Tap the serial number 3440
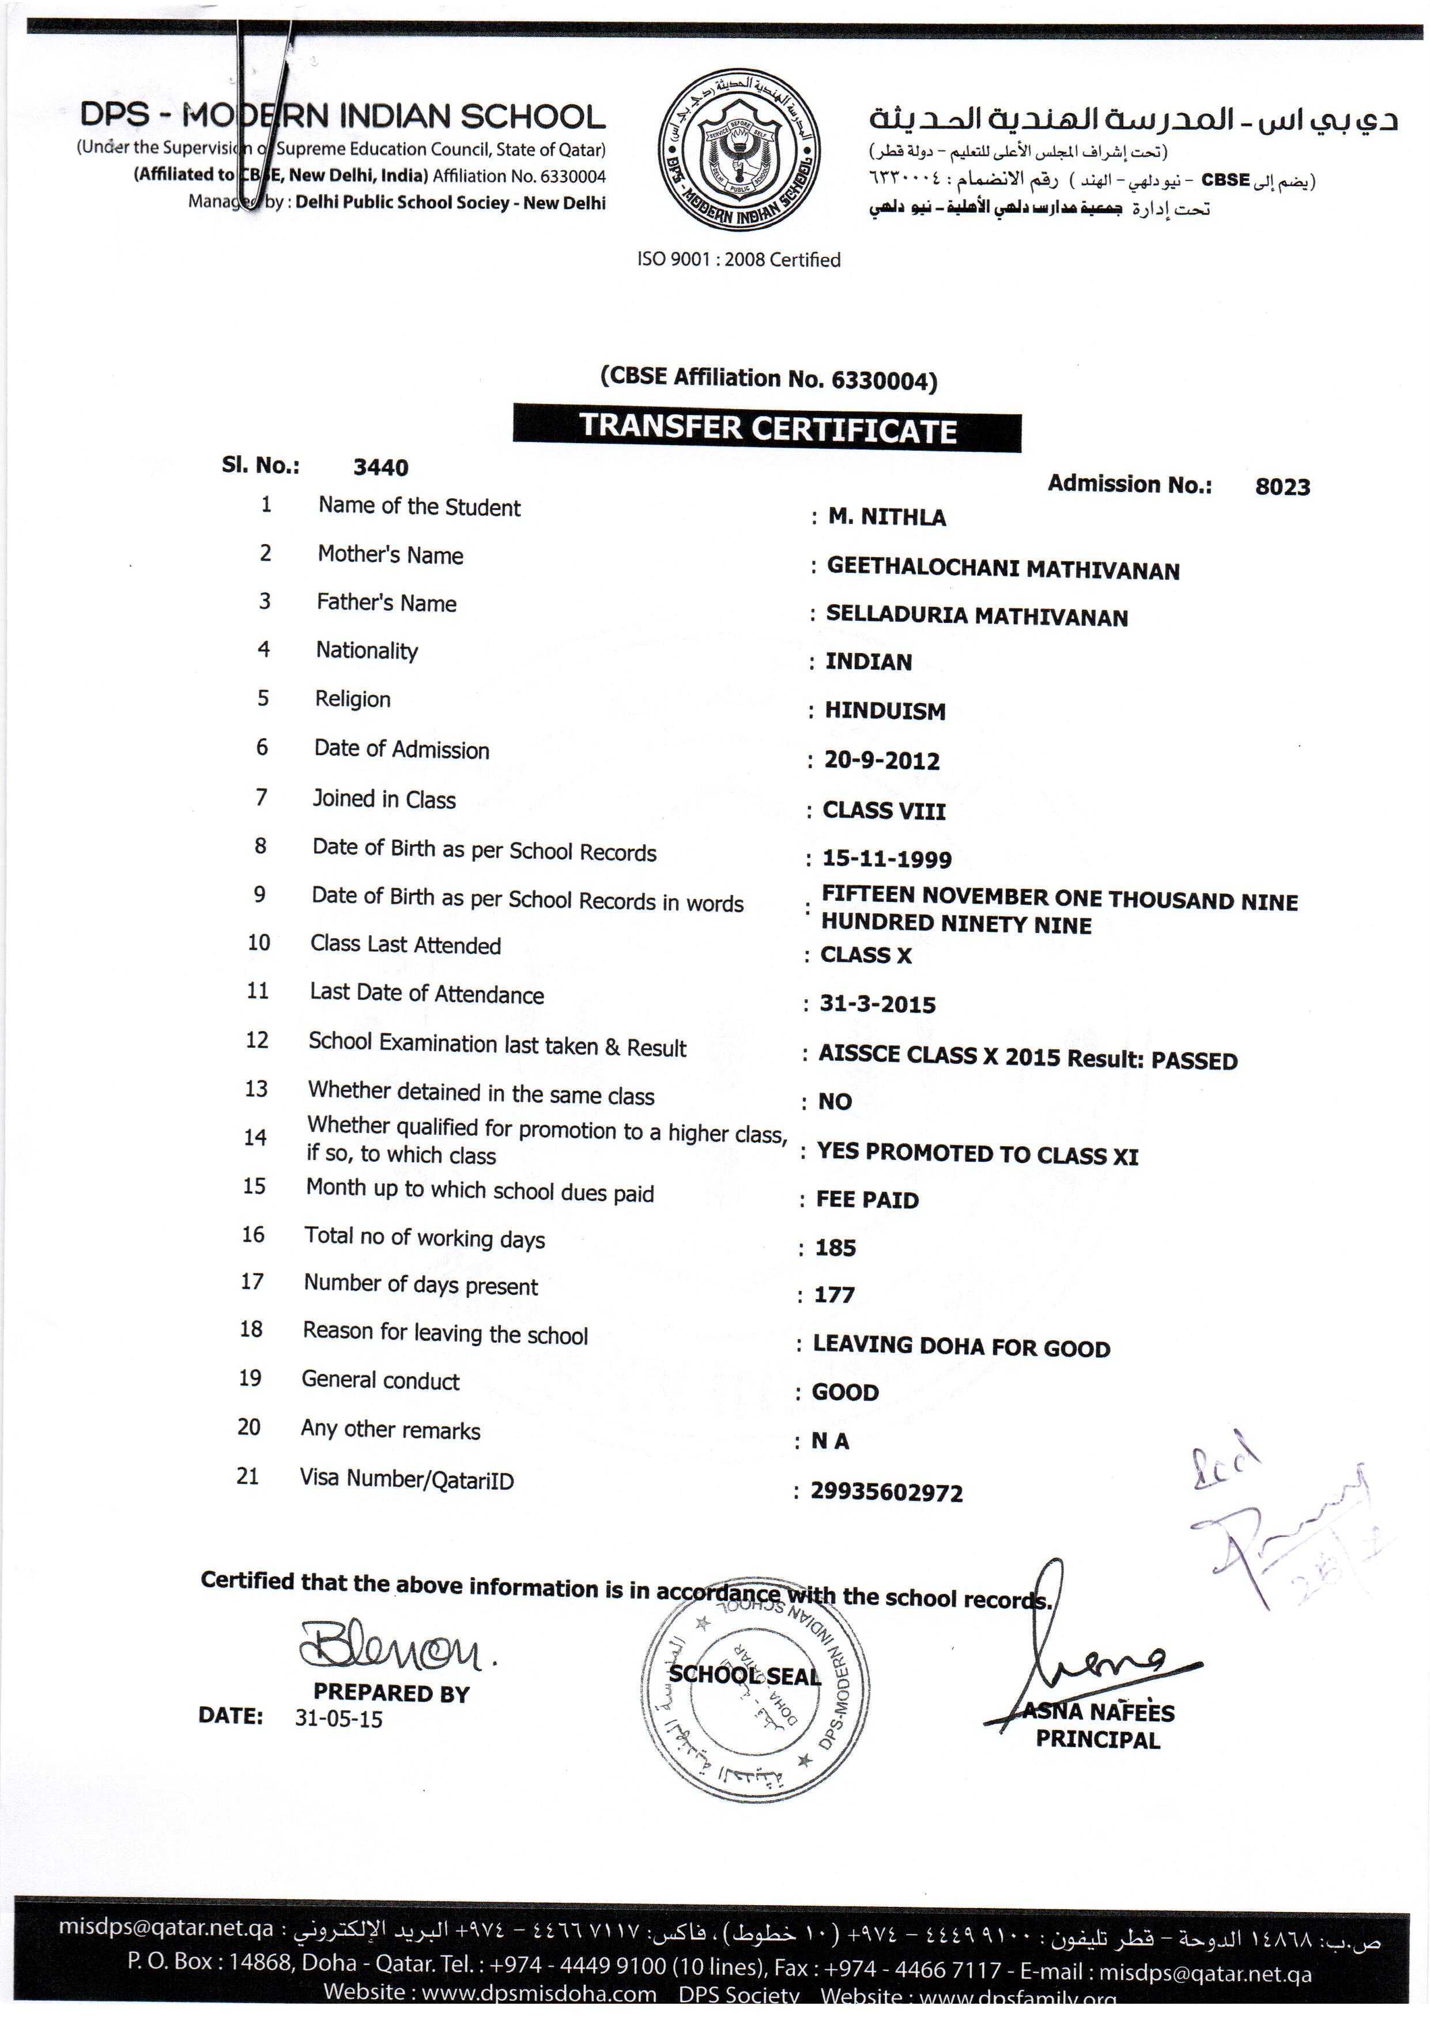(380, 467)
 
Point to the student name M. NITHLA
(886, 517)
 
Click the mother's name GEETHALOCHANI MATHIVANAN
(1002, 569)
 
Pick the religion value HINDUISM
(884, 711)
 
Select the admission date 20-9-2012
(881, 761)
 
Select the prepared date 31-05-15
(338, 1719)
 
